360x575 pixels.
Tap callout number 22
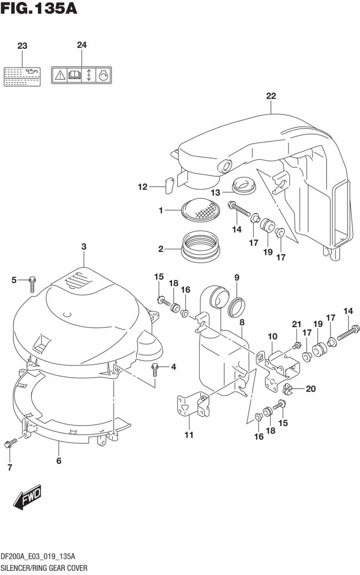tap(271, 96)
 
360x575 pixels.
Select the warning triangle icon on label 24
tap(59, 75)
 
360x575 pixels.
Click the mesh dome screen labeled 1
tap(201, 209)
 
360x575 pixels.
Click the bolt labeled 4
tap(155, 370)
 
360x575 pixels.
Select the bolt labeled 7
tap(11, 442)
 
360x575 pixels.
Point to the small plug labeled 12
tap(169, 185)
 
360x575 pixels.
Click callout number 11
tap(189, 435)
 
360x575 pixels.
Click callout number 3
tap(84, 247)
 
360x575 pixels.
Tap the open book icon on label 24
tap(74, 75)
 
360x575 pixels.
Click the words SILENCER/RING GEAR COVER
tap(44, 568)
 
